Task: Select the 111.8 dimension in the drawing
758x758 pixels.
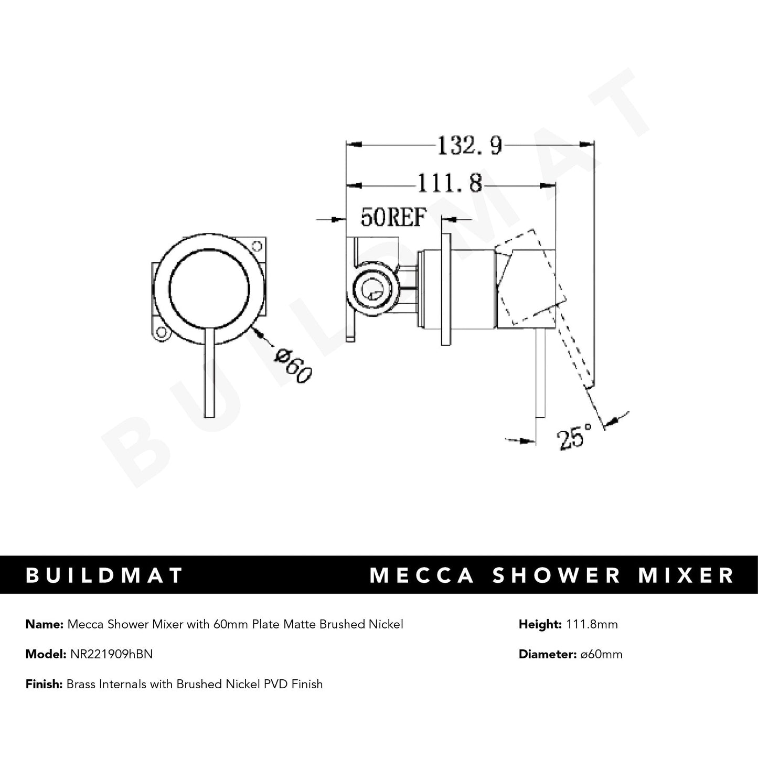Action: pos(450,184)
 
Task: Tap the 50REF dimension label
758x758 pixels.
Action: pos(393,217)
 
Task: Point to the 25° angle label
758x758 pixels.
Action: pos(574,437)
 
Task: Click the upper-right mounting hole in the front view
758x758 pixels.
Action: pos(257,245)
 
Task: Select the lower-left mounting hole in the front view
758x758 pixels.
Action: pos(162,332)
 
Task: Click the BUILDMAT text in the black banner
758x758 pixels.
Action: pos(104,575)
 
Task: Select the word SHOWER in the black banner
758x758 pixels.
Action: pos(557,575)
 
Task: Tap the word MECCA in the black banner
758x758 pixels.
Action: pos(422,575)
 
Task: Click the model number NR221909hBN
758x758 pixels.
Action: pos(110,654)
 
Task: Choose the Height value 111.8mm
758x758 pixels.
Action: pos(590,624)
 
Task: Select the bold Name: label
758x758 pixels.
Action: pos(44,624)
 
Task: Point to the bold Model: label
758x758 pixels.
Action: pos(45,654)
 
